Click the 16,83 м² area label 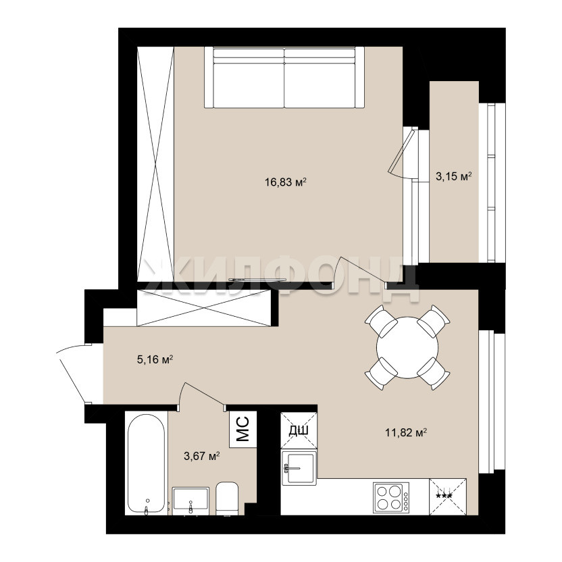(286, 182)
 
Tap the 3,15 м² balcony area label (453, 176)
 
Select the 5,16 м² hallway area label (155, 359)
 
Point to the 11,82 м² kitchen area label (406, 432)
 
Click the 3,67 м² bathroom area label (201, 456)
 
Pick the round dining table (407, 347)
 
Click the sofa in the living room (284, 77)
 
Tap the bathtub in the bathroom (146, 463)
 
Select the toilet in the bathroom (227, 499)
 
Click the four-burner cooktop (391, 497)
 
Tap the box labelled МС (243, 429)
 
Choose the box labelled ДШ (299, 430)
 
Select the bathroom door (201, 396)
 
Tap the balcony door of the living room (403, 153)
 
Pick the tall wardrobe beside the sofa (155, 163)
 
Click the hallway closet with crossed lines (204, 308)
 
